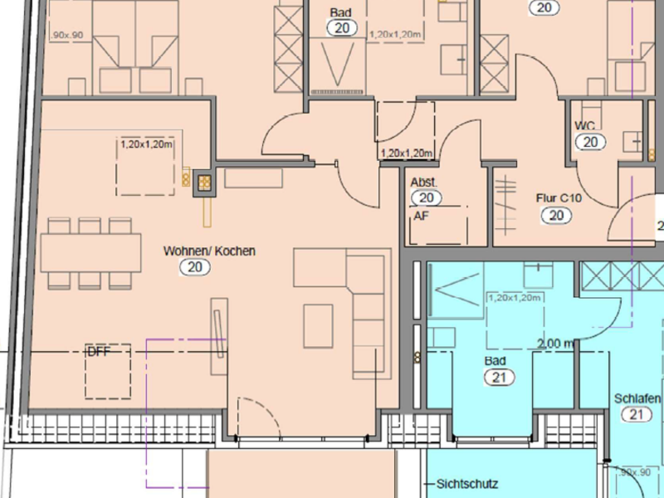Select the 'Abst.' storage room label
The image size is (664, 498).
coord(424,182)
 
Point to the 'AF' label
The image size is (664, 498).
coord(421,215)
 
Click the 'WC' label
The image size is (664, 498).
coord(585,125)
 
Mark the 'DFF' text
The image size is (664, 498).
coord(98,352)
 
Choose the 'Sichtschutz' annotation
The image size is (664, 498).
coord(468,482)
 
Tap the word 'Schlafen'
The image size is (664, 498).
coord(637,398)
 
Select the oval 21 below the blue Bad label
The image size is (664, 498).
coord(496,378)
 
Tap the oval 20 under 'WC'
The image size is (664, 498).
coord(590,142)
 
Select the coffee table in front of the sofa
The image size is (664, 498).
coord(318,325)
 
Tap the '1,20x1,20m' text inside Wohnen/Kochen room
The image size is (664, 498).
coord(146,144)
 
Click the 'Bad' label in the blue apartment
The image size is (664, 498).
coord(495,362)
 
